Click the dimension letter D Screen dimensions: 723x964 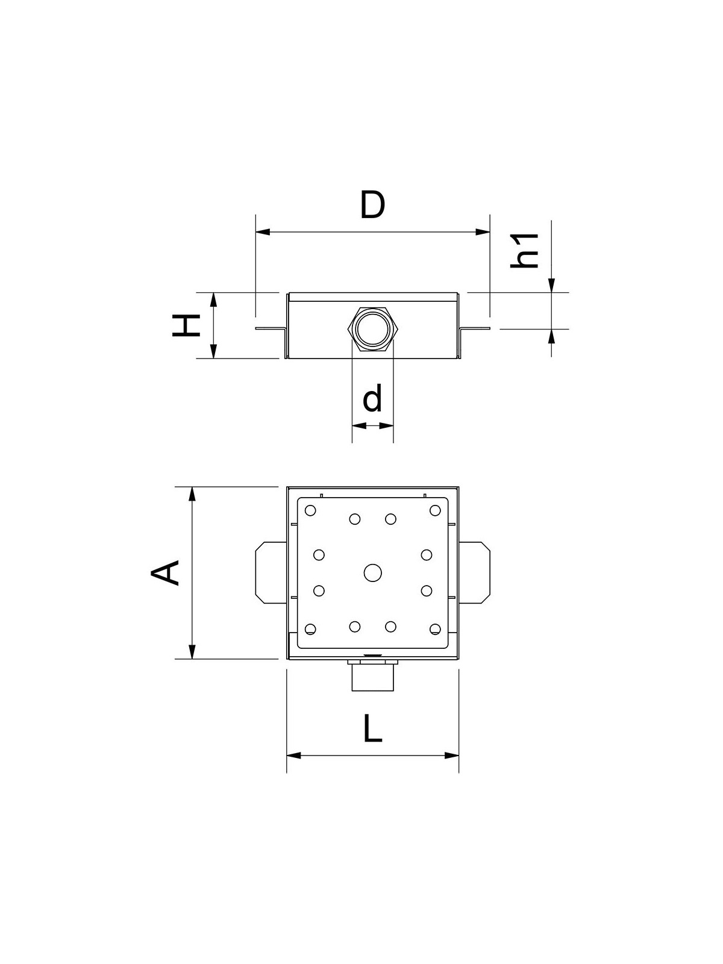tap(373, 204)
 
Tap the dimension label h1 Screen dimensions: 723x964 tap(524, 251)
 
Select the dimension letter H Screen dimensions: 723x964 tap(186, 325)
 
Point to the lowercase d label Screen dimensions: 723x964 tap(372, 398)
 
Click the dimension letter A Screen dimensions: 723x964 tap(165, 573)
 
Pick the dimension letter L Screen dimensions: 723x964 tap(373, 728)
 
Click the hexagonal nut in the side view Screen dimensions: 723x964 tap(373, 329)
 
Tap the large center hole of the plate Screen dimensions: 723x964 tap(373, 573)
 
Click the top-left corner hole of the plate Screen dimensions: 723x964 tap(310, 511)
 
